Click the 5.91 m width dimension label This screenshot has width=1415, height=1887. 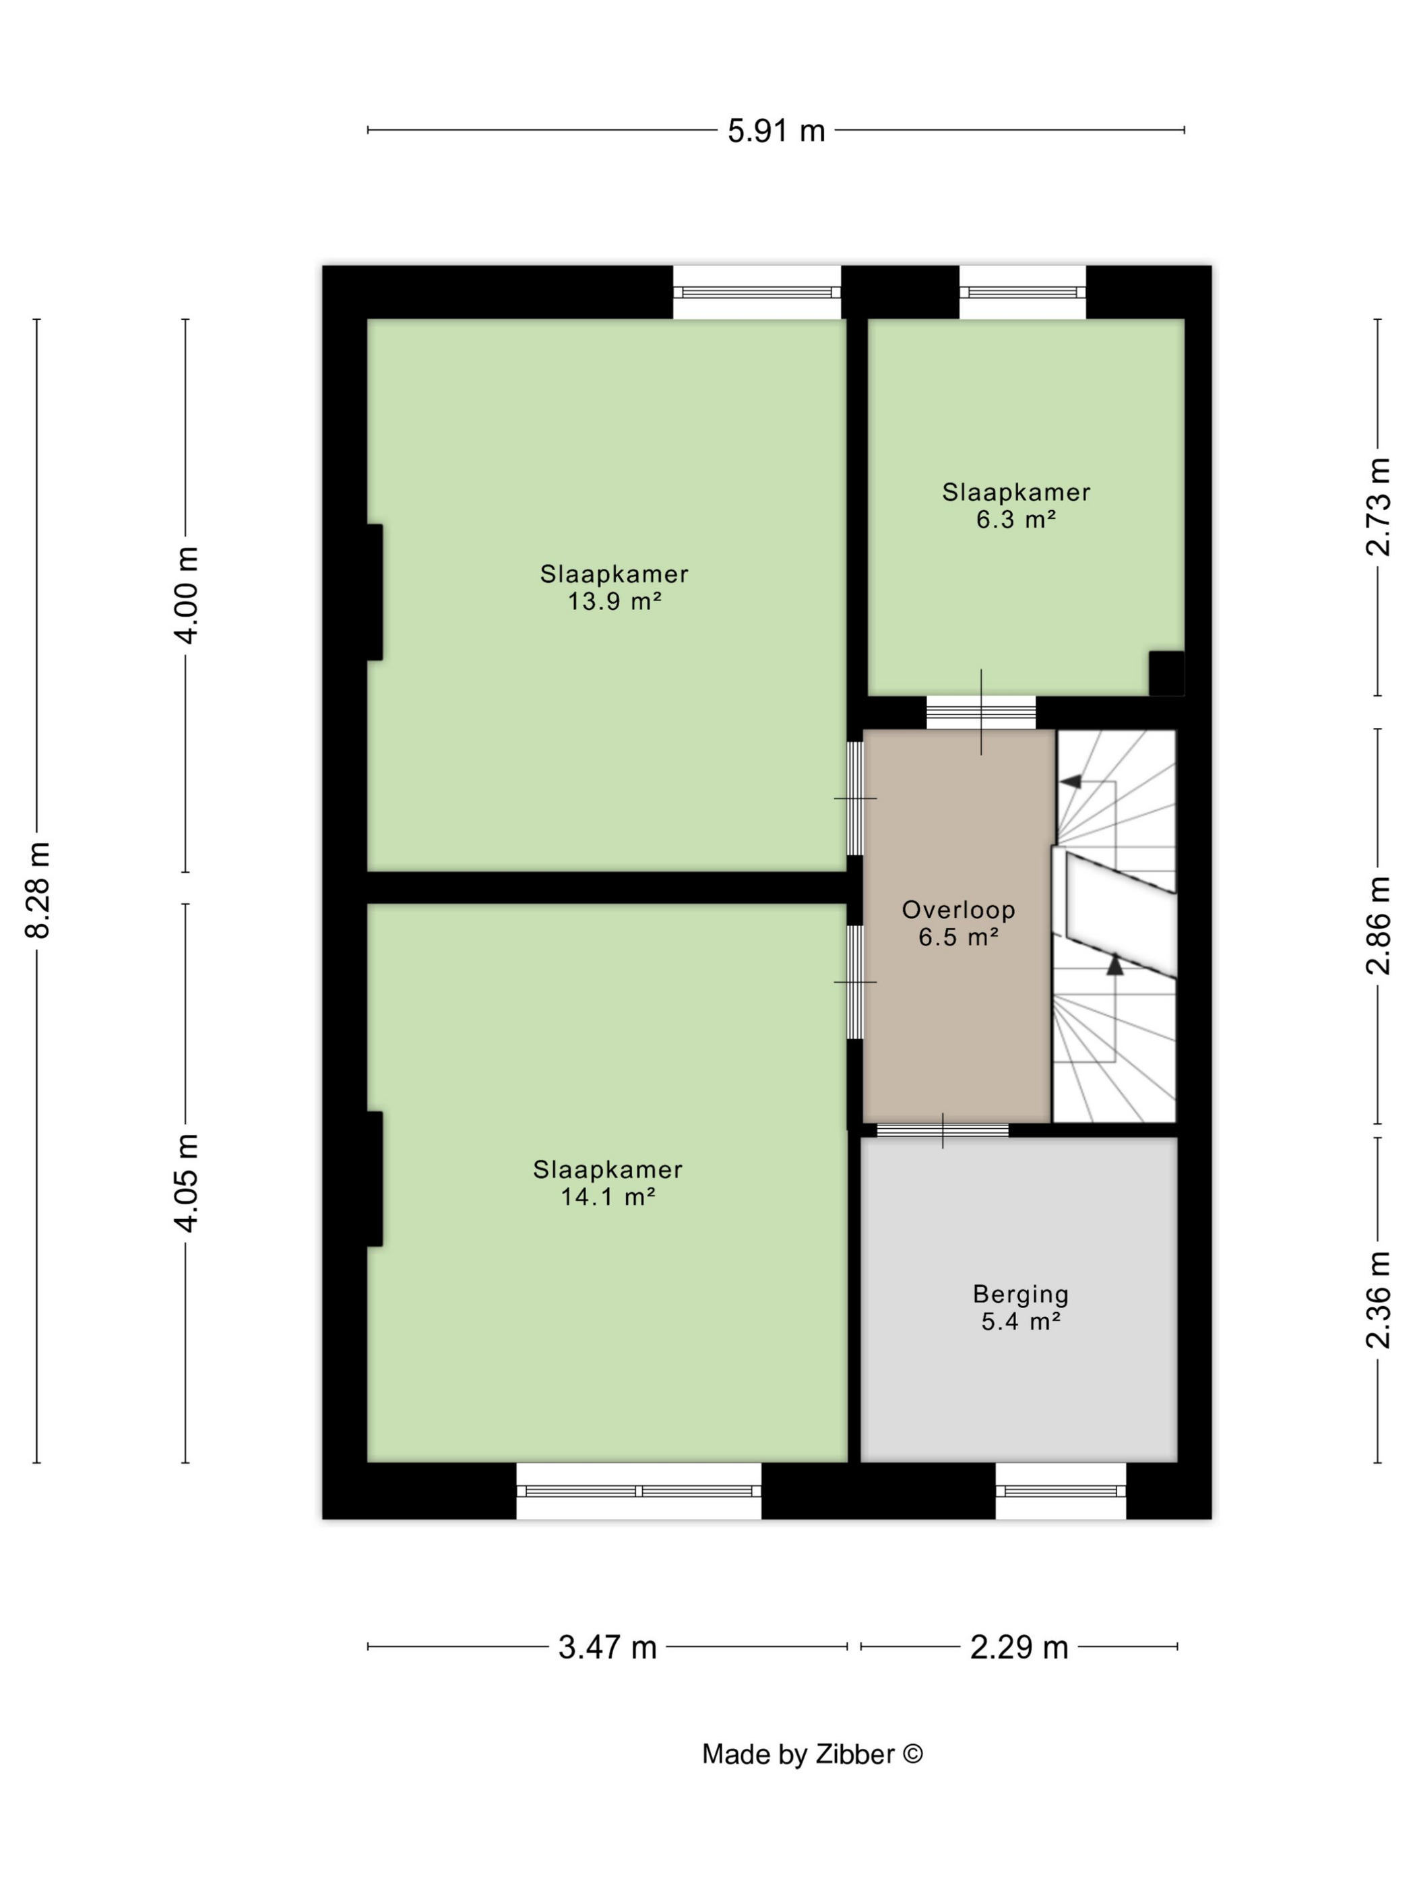click(776, 131)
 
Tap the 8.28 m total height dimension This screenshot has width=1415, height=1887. click(38, 890)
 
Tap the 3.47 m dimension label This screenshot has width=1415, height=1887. click(607, 1647)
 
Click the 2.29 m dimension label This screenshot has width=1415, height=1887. click(1019, 1647)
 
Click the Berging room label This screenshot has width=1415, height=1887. click(1021, 1294)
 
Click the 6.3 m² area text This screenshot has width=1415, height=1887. click(1017, 520)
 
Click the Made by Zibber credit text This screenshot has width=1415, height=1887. click(813, 1754)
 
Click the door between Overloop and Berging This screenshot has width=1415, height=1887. click(943, 1130)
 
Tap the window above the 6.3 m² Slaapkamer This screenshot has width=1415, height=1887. click(1023, 292)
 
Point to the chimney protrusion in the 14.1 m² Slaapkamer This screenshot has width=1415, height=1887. click(375, 1179)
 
